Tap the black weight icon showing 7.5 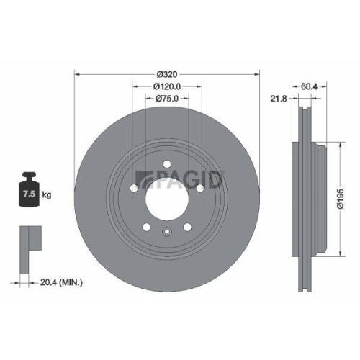click(x=30, y=190)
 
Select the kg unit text click(x=48, y=194)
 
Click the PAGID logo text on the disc click(x=181, y=176)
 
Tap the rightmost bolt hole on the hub click(x=198, y=189)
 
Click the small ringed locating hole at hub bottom click(x=167, y=231)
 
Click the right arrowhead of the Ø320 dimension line click(x=257, y=74)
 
